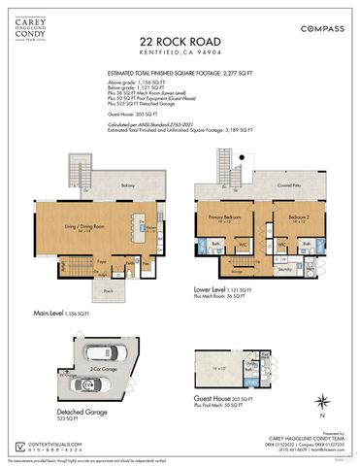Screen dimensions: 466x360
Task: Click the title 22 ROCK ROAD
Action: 180,42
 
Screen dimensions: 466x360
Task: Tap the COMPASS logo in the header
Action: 321,29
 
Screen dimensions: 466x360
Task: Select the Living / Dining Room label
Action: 78,228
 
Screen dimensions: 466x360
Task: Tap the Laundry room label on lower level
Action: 286,269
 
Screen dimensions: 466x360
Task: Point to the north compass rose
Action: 323,397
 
